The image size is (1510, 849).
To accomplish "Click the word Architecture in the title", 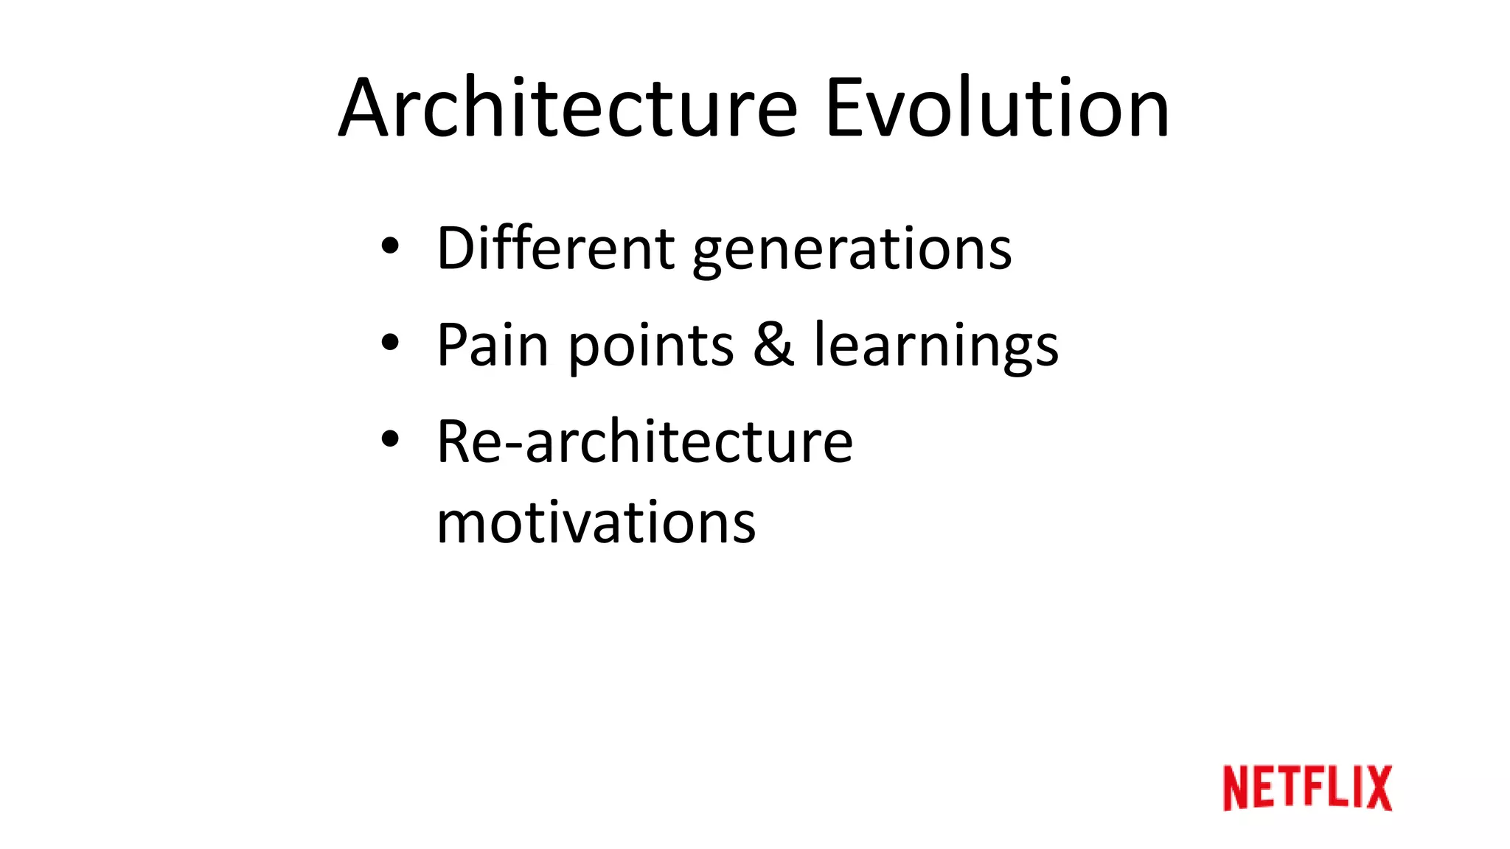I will [568, 108].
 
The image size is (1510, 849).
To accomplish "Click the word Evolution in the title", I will [997, 108].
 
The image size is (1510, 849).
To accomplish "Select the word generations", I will [852, 251].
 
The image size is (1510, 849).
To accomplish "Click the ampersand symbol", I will [773, 344].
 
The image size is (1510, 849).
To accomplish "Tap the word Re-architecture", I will [644, 441].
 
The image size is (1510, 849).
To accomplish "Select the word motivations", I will [596, 523].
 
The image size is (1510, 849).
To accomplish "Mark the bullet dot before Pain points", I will [390, 342].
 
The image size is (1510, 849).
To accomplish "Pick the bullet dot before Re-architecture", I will [390, 439].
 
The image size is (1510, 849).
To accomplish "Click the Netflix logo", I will [1307, 788].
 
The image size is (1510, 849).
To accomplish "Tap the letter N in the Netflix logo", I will [1239, 788].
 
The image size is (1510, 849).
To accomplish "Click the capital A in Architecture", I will [363, 108].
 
